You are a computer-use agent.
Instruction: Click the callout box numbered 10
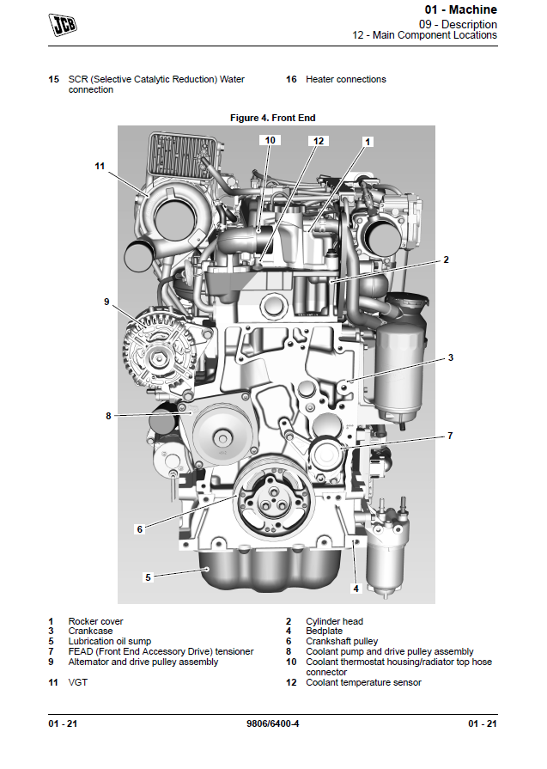click(x=270, y=139)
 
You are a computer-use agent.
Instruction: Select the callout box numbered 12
click(x=319, y=140)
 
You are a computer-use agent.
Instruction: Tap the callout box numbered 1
click(x=368, y=140)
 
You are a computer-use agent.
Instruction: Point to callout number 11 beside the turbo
click(x=100, y=166)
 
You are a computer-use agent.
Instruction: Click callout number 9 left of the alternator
click(x=107, y=302)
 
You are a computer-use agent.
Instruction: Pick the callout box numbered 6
click(x=139, y=529)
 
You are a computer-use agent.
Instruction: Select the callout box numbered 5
click(x=148, y=577)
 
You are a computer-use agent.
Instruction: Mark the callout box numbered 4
click(x=356, y=589)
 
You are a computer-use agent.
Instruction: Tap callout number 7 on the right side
click(x=449, y=436)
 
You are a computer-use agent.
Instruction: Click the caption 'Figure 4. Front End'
click(x=273, y=117)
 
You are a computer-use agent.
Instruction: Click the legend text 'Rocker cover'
click(x=95, y=621)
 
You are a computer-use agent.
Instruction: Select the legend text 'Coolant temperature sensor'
click(x=363, y=683)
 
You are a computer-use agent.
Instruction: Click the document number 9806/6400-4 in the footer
click(x=273, y=723)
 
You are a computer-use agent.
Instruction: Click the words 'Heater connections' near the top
click(x=345, y=79)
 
